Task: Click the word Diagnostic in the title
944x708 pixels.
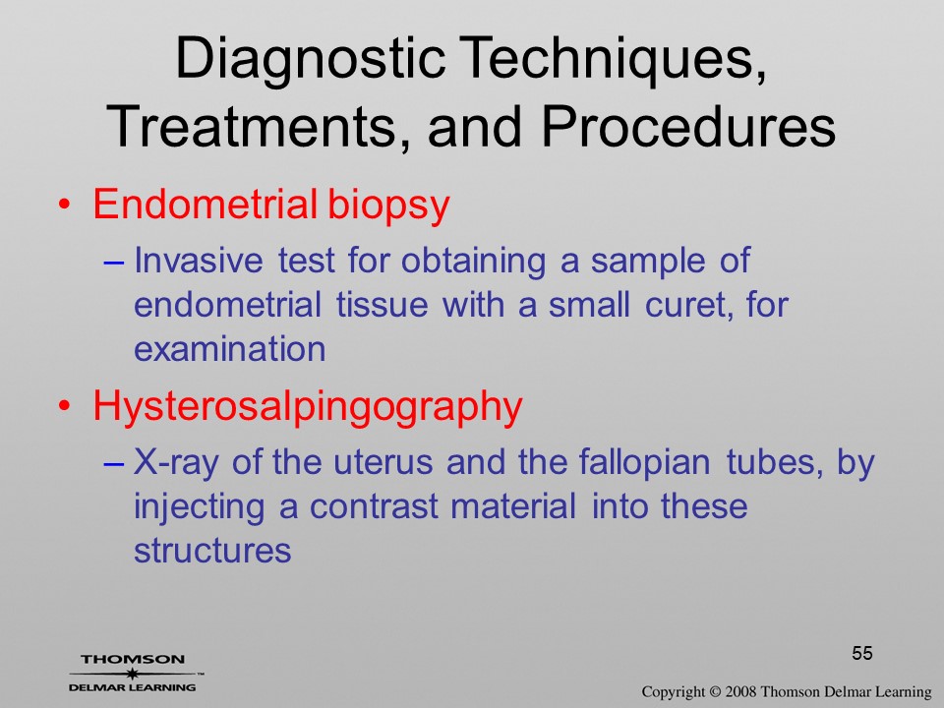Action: pos(310,60)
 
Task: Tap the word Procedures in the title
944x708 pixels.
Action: pos(688,128)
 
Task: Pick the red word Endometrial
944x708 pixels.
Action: pos(205,205)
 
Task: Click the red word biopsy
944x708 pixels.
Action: pos(389,206)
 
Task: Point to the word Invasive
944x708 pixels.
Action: pos(198,261)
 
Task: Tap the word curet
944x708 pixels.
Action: pos(690,305)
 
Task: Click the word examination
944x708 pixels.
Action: pos(229,349)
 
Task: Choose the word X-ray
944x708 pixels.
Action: pos(176,463)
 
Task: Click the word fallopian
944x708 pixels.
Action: pos(644,463)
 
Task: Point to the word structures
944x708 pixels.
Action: pos(212,551)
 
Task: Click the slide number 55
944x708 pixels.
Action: pos(862,653)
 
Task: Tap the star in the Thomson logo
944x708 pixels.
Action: pos(132,674)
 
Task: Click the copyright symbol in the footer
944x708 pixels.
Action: pos(714,692)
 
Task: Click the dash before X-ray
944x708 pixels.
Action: pos(114,464)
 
